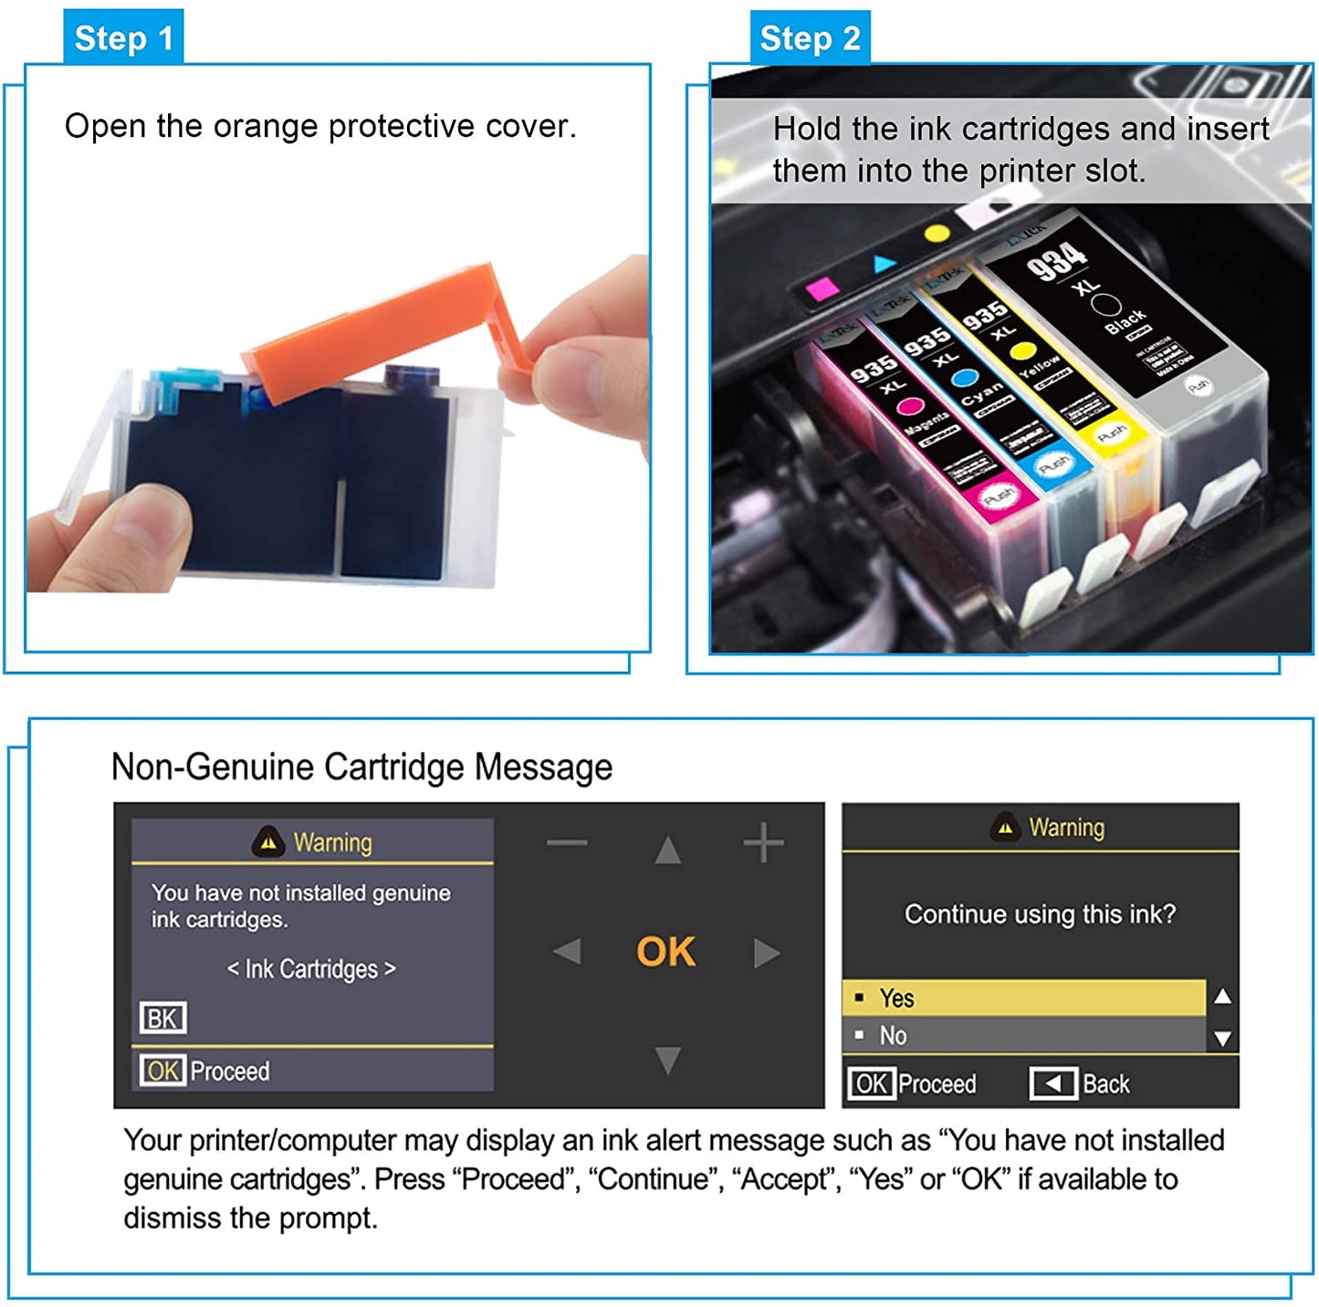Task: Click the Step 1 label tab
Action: tap(123, 37)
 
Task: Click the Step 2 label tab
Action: tap(810, 37)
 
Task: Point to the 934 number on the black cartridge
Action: tap(1057, 257)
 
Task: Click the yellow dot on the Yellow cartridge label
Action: tap(1023, 351)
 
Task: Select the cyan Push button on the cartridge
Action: tap(1054, 465)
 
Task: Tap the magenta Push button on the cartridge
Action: tap(998, 496)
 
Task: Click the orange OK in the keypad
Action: tap(665, 952)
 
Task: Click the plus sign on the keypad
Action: tap(763, 842)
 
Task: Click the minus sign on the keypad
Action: tap(567, 842)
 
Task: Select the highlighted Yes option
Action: tap(1022, 998)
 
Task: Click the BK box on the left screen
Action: tap(162, 1018)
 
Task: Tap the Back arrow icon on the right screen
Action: tap(1053, 1083)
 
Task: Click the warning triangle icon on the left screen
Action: tap(267, 842)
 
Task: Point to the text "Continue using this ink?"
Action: tap(1040, 914)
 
